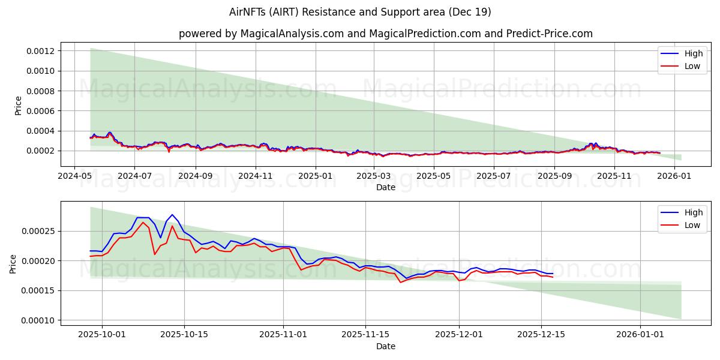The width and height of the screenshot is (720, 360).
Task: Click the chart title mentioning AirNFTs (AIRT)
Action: point(360,12)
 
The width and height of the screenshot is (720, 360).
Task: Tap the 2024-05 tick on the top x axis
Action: point(74,177)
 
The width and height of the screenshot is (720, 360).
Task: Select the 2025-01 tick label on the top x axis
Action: point(315,177)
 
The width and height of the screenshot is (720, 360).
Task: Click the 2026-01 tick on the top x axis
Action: point(676,177)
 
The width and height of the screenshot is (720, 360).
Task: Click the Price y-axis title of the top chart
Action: point(18,105)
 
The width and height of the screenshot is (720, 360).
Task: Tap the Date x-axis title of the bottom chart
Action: point(386,346)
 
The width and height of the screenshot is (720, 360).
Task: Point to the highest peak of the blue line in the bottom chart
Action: point(172,215)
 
